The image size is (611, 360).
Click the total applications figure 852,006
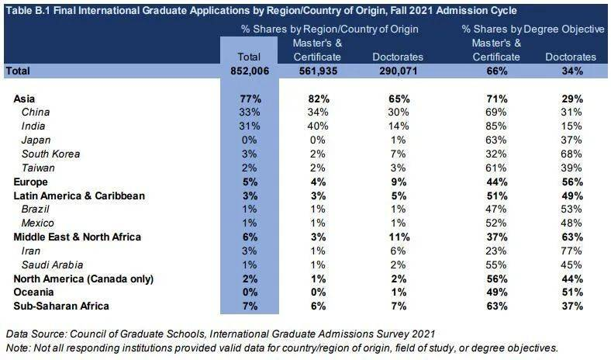248,71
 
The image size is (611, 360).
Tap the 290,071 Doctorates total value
398,71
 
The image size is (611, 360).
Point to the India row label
33,126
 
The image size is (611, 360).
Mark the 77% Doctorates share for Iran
571,251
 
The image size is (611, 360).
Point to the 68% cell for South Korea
571,154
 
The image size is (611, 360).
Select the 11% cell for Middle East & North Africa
398,237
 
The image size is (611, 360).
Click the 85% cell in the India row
496,126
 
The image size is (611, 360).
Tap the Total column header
248,57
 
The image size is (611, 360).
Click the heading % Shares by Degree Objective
533,29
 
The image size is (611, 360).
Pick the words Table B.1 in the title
28,10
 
